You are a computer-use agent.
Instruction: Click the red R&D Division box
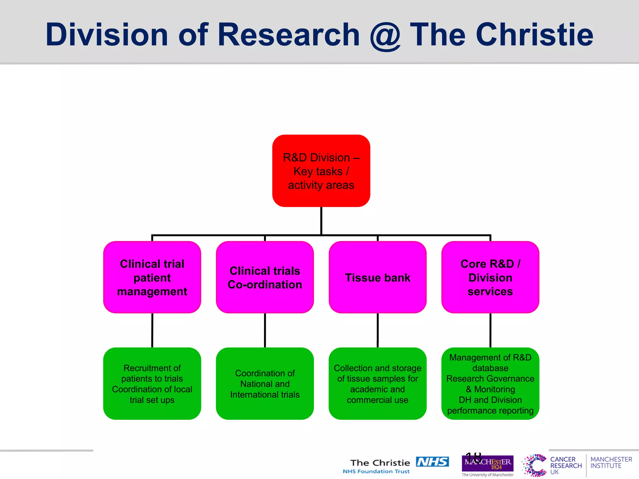[321, 171]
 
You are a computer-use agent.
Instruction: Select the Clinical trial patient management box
[152, 277]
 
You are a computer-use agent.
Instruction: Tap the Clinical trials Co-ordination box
[265, 277]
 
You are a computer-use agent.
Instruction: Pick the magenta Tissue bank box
[378, 277]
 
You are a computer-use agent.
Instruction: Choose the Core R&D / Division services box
[490, 277]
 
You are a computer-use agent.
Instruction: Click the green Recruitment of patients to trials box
[152, 384]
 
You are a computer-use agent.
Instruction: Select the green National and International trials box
[265, 384]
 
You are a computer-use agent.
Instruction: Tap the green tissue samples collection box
[378, 384]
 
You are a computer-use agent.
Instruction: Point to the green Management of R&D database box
[490, 384]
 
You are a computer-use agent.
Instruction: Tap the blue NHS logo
[432, 462]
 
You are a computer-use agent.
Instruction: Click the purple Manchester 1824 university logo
[487, 463]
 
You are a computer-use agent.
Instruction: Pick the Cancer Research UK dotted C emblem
[534, 465]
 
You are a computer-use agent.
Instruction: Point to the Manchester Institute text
[611, 462]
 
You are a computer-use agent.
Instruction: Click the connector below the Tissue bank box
[378, 330]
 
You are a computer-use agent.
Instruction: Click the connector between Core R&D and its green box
[490, 330]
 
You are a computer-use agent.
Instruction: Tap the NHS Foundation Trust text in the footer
[376, 472]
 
